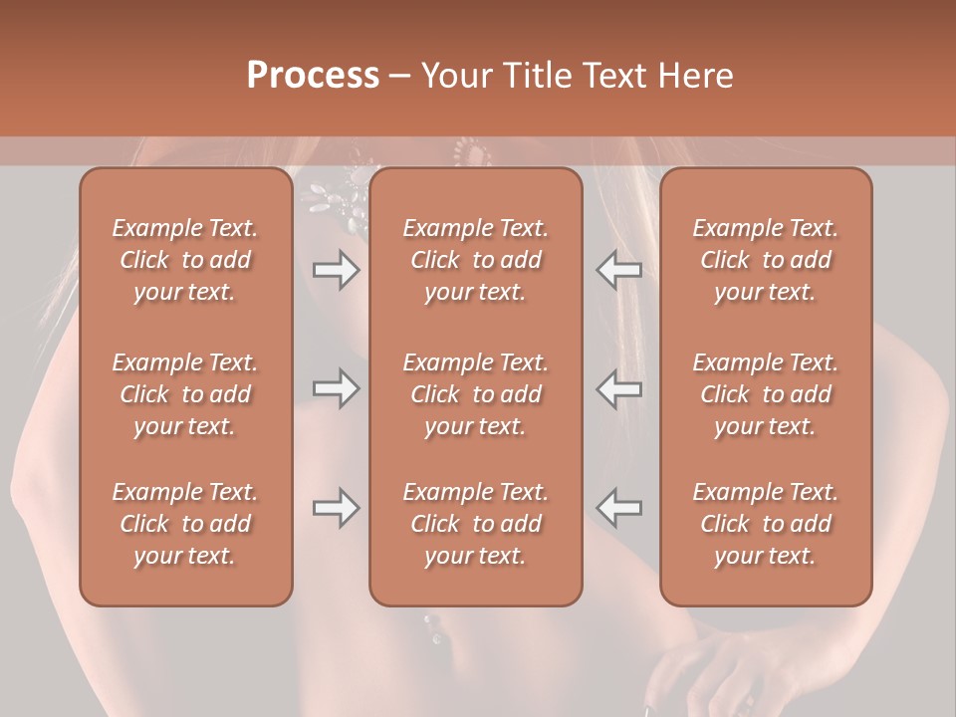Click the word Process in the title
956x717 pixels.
pyautogui.click(x=313, y=76)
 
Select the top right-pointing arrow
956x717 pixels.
pyautogui.click(x=336, y=269)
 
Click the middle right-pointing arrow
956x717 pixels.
pyautogui.click(x=336, y=388)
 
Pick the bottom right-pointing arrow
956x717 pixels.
pyautogui.click(x=336, y=508)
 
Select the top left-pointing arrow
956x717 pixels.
pyautogui.click(x=619, y=269)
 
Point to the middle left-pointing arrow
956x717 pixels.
pyautogui.click(x=619, y=388)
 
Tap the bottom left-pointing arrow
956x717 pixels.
pyautogui.click(x=619, y=508)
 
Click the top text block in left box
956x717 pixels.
pyautogui.click(x=185, y=260)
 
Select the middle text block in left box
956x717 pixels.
pyautogui.click(x=185, y=394)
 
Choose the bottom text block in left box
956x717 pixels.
pyautogui.click(x=185, y=524)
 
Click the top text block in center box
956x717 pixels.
pyautogui.click(x=475, y=260)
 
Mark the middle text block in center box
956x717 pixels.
pyautogui.click(x=475, y=394)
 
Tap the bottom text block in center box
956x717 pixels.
pyautogui.click(x=475, y=524)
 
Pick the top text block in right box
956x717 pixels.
pyautogui.click(x=765, y=260)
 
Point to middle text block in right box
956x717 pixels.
pyautogui.click(x=765, y=394)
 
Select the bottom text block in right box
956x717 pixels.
pyautogui.click(x=765, y=524)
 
